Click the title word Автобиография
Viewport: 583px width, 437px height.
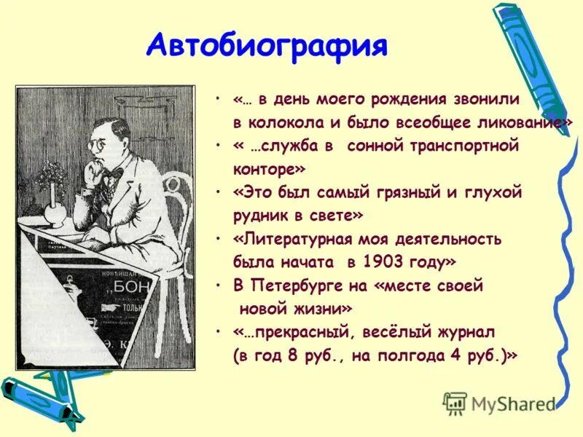(x=267, y=46)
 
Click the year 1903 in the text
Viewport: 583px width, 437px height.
(x=380, y=261)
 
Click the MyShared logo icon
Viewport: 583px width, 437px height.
(x=455, y=402)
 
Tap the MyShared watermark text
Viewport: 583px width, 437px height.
(x=514, y=403)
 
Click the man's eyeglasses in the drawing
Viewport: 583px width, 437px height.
(x=99, y=145)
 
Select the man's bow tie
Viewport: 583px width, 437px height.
(x=114, y=173)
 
